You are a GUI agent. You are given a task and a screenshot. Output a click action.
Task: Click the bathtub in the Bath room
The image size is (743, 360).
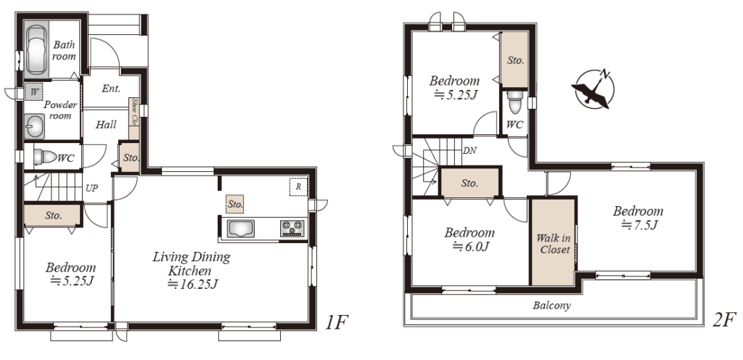(36, 50)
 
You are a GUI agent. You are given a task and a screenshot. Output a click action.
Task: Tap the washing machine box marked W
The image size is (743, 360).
(33, 92)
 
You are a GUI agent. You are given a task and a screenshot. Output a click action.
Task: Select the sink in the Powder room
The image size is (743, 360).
(34, 126)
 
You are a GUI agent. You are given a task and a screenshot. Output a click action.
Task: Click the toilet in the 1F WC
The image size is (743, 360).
(45, 157)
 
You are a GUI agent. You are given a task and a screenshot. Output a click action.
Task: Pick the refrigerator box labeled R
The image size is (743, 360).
(298, 187)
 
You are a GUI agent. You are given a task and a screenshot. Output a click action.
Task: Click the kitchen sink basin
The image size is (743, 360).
(241, 229)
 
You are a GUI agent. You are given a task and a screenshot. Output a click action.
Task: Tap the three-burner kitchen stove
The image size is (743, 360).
(293, 229)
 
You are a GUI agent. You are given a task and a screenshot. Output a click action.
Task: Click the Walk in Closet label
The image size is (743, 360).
(553, 243)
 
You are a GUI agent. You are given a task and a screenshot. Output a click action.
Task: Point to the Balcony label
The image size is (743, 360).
(551, 306)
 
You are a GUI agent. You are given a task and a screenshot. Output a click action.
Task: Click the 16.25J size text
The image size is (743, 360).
(192, 284)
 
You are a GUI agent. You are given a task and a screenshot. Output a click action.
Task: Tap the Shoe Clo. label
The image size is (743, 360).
(134, 112)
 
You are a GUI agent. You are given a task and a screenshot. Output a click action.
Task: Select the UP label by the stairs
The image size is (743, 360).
(91, 188)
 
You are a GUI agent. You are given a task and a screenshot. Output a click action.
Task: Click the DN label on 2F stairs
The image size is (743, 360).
(469, 151)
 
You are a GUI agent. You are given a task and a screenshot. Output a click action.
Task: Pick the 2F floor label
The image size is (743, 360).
(725, 320)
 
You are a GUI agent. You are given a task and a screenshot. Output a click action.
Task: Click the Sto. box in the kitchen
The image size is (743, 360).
(235, 204)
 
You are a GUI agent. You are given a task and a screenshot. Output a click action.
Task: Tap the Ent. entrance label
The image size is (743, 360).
(111, 89)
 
